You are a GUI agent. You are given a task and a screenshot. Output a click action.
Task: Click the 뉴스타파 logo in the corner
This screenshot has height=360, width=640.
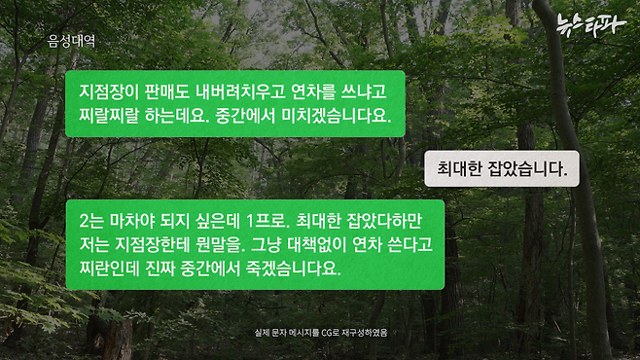click(x=591, y=25)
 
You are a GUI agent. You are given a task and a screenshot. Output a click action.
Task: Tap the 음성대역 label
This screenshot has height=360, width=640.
click(x=71, y=41)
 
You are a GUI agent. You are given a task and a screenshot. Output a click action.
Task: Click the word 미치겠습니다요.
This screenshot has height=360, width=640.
click(x=336, y=116)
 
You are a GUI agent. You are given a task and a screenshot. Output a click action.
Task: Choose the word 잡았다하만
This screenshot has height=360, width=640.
click(x=383, y=221)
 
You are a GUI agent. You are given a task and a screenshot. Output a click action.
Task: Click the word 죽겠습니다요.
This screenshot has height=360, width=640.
click(x=293, y=269)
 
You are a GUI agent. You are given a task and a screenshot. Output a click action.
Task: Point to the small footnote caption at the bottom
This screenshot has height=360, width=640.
click(x=321, y=333)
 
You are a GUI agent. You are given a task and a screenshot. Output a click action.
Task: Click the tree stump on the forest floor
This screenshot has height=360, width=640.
click(x=118, y=338)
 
